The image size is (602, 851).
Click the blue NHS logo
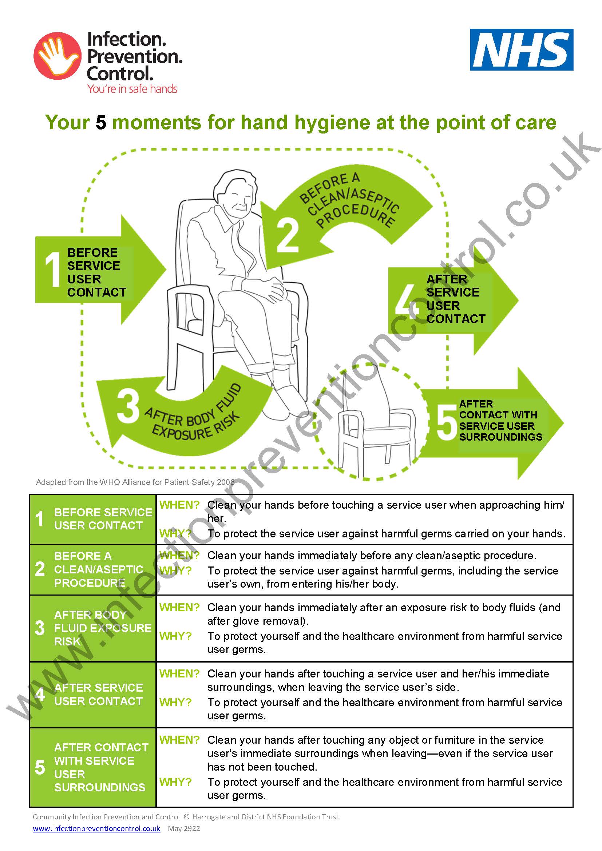pyautogui.click(x=522, y=50)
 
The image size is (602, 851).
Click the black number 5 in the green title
pyautogui.click(x=101, y=122)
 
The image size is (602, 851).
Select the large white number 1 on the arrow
pyautogui.click(x=53, y=269)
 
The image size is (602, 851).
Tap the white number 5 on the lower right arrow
pyautogui.click(x=446, y=422)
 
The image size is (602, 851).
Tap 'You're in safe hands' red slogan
pyautogui.click(x=132, y=89)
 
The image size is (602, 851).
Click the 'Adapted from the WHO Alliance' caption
pyautogui.click(x=135, y=482)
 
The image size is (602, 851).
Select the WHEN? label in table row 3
pyautogui.click(x=179, y=608)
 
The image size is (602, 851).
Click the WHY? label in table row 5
pyautogui.click(x=175, y=782)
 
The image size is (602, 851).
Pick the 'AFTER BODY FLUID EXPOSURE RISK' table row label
pyautogui.click(x=102, y=628)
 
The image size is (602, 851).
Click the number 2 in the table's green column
pyautogui.click(x=40, y=569)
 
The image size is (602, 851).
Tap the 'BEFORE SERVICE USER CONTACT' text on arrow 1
pyautogui.click(x=96, y=273)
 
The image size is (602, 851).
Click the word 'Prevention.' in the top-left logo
pyautogui.click(x=134, y=56)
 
